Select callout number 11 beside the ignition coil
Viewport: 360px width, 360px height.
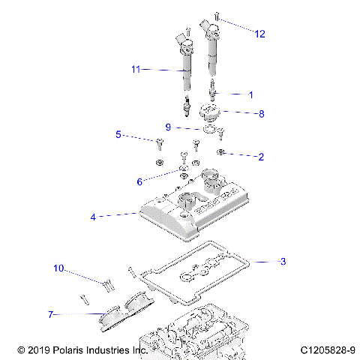click(x=136, y=69)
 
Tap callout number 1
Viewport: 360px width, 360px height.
click(x=250, y=94)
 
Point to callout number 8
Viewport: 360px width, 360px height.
click(x=261, y=114)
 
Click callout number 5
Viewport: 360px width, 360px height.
click(x=118, y=135)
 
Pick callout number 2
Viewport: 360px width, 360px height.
click(x=260, y=157)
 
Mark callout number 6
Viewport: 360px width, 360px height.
click(x=139, y=181)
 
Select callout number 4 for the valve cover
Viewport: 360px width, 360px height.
click(x=93, y=216)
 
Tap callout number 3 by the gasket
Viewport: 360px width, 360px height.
click(x=283, y=262)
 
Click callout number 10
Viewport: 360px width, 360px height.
click(x=59, y=268)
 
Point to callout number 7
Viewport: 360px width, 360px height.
click(x=51, y=315)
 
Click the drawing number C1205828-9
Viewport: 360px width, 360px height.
click(x=326, y=350)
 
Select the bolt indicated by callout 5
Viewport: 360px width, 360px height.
click(x=160, y=141)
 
